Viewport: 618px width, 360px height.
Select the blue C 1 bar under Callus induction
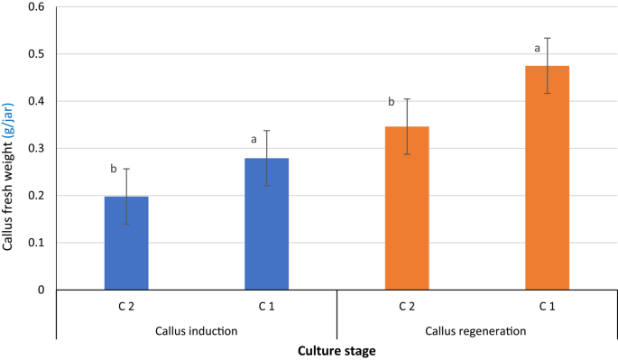tap(267, 226)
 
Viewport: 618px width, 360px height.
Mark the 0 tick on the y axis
tap(43, 290)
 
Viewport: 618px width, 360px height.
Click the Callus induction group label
tap(197, 330)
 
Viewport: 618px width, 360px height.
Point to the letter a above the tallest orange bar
tap(538, 48)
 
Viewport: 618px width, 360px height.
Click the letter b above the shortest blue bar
tap(114, 168)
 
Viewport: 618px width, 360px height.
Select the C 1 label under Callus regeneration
tap(547, 307)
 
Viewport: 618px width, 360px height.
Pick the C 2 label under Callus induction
tap(126, 307)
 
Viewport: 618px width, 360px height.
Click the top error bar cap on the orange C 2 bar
tap(407, 99)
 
